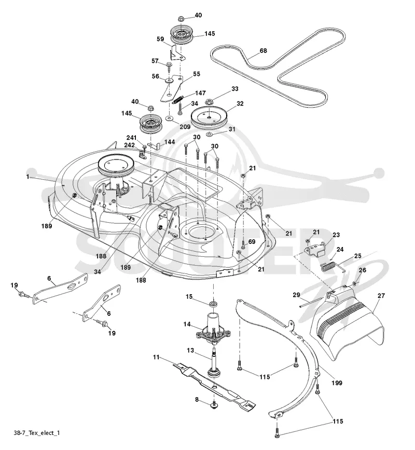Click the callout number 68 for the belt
click(263, 51)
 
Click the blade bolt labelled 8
click(213, 404)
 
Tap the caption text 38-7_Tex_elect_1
click(37, 432)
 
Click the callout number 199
click(337, 383)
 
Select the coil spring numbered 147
click(178, 99)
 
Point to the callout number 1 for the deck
click(27, 177)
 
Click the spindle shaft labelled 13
click(213, 362)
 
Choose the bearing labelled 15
click(213, 304)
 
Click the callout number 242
click(129, 145)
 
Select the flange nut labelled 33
click(209, 101)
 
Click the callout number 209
click(185, 126)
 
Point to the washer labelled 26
click(355, 284)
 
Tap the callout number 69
click(252, 241)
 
